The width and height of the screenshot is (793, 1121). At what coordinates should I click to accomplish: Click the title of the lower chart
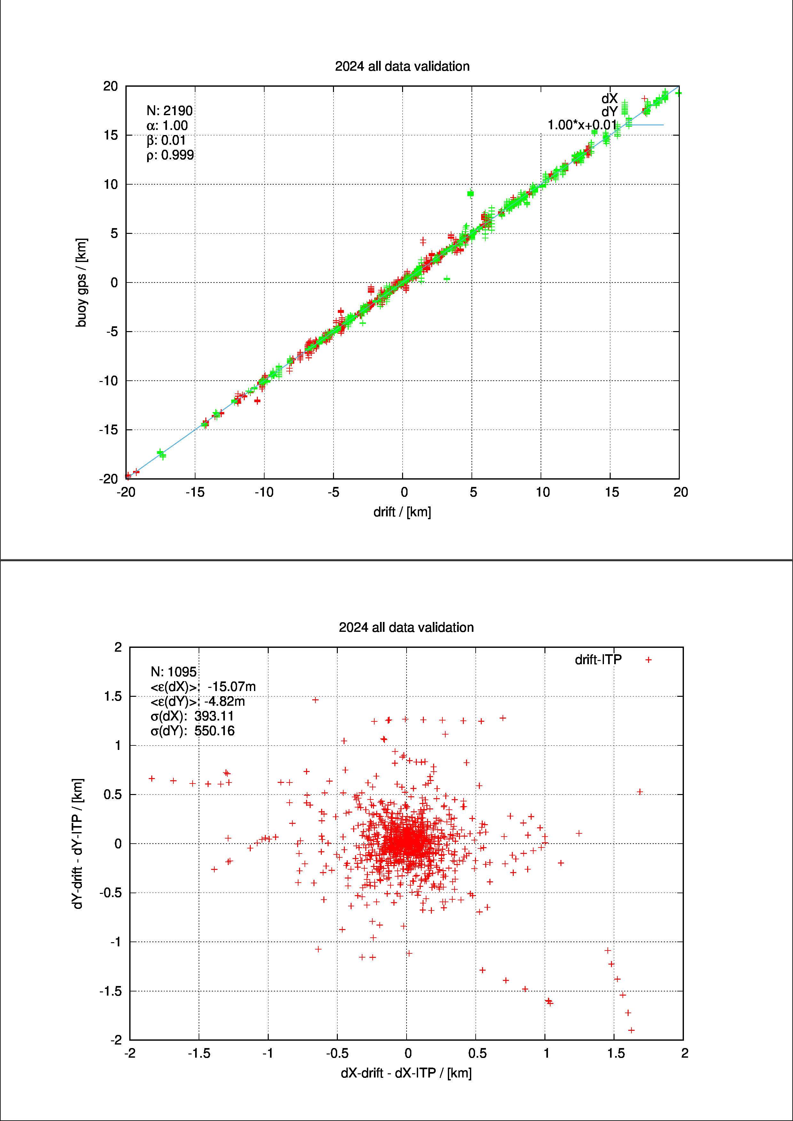click(406, 627)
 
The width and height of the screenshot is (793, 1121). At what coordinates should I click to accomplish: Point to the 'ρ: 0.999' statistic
click(170, 155)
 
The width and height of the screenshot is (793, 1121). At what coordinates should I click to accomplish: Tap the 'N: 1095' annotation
click(173, 672)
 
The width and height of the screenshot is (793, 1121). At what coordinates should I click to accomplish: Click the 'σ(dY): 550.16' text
click(192, 731)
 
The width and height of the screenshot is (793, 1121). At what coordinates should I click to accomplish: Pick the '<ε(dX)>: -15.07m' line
click(202, 687)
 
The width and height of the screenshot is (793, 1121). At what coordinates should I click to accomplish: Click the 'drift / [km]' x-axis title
click(402, 512)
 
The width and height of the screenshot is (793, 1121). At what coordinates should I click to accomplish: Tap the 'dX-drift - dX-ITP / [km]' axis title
click(406, 1073)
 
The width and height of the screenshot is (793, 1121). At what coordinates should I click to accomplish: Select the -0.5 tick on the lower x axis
click(337, 1053)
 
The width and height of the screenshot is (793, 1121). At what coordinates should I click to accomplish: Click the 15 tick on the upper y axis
click(111, 135)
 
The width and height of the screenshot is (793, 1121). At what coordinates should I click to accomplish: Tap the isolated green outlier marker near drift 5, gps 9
click(470, 194)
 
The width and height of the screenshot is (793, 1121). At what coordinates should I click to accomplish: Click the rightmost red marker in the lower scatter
click(640, 792)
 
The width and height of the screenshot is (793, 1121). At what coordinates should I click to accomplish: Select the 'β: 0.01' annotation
click(166, 141)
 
